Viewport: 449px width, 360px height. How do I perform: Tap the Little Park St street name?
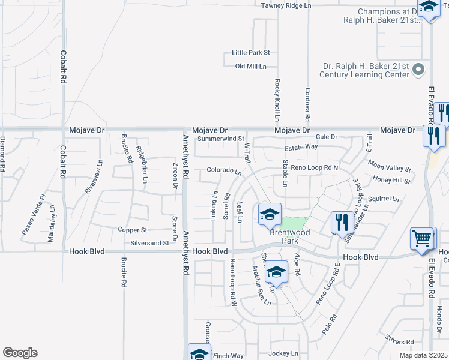click(251, 53)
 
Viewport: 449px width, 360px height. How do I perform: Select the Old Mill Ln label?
click(251, 67)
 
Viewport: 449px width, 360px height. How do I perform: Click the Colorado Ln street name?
click(224, 171)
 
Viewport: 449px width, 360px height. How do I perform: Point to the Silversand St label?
click(149, 243)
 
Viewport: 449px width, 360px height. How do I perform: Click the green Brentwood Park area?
click(294, 223)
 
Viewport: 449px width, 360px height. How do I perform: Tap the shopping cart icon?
click(421, 238)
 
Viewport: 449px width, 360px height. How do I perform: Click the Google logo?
click(20, 353)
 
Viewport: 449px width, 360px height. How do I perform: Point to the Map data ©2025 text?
click(424, 355)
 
